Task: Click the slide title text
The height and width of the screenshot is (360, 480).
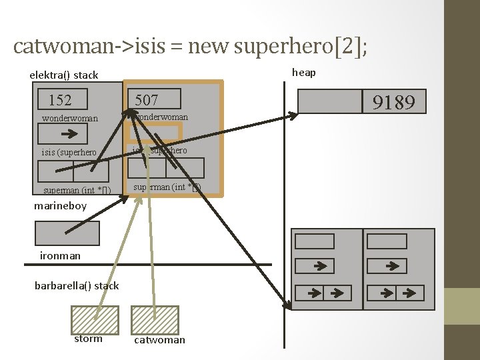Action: pos(190,46)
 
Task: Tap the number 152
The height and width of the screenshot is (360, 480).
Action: pos(60,100)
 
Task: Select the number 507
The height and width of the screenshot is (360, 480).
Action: pos(147,100)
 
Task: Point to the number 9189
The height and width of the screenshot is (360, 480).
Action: pos(393,102)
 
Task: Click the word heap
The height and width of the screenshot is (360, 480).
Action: pos(304,72)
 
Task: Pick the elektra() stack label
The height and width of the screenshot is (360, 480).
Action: pos(64,75)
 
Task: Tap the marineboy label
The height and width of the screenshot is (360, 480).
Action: pos(61,206)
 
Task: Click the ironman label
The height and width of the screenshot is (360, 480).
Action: pos(60,255)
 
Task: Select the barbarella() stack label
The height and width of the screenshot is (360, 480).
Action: pos(77,285)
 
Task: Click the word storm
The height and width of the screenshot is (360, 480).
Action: pos(89,339)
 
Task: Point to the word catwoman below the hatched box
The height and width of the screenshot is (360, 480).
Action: pos(159,340)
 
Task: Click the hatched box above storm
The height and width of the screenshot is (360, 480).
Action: pos(95,319)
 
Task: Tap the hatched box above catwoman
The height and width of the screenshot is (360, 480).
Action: pos(155,319)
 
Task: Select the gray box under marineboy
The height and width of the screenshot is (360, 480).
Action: pos(67,233)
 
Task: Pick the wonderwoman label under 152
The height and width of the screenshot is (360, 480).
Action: pos(70,119)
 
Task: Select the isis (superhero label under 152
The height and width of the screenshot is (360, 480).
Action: pos(69,153)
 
